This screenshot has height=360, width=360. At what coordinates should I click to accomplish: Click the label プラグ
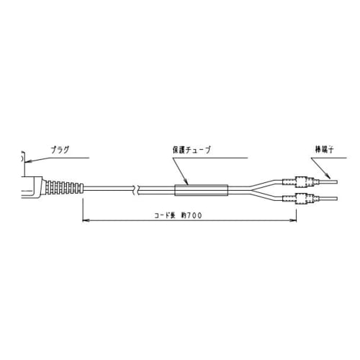[x=60, y=150]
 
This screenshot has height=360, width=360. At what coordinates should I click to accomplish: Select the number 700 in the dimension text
[x=192, y=215]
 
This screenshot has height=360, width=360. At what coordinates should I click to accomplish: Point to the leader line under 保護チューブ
[x=180, y=173]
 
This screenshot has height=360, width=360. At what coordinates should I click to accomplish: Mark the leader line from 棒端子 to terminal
[x=325, y=166]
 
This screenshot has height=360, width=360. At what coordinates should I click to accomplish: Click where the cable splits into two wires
[x=248, y=190]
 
